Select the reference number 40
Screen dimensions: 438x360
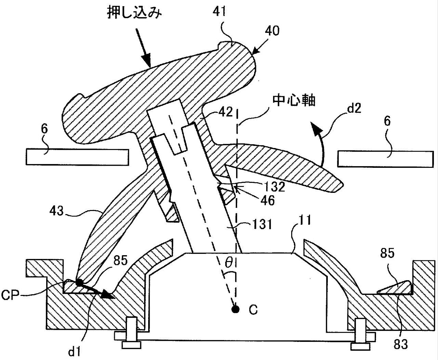click(272, 31)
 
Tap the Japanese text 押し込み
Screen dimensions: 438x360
click(134, 12)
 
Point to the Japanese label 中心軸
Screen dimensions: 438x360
click(294, 101)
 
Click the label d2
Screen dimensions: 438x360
click(354, 109)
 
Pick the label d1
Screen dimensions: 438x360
click(74, 351)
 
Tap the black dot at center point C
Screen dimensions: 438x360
click(235, 310)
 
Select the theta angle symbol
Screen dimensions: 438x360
click(229, 263)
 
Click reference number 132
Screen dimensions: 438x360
click(274, 187)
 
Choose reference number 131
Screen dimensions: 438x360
click(262, 224)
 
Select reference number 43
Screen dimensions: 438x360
click(56, 211)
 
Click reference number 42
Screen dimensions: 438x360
click(226, 112)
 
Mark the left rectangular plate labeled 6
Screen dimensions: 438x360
click(77, 157)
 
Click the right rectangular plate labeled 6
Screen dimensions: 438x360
click(386, 159)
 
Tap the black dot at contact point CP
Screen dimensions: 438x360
click(79, 283)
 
